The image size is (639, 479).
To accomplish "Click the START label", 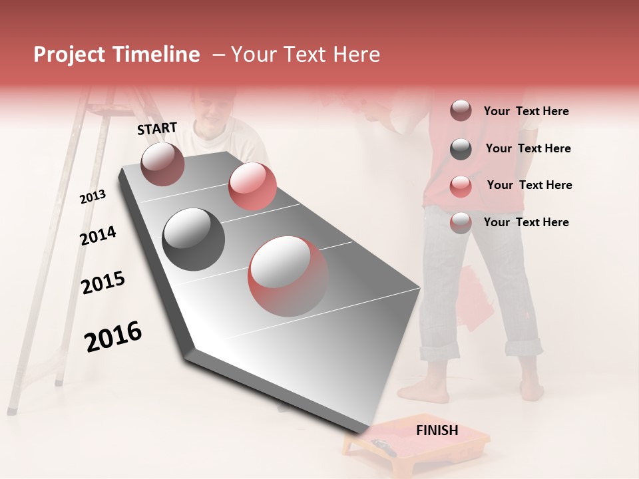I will click(x=157, y=128).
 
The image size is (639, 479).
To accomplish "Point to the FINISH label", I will click(x=437, y=430).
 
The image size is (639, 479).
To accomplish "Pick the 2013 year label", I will click(x=93, y=197).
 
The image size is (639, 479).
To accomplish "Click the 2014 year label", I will click(x=98, y=236).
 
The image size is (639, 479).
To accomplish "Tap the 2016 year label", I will click(x=113, y=337).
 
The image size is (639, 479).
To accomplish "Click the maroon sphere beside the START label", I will click(x=162, y=164).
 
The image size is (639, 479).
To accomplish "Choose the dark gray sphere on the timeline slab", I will click(x=194, y=239).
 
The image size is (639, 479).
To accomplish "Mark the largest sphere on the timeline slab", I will click(x=288, y=275).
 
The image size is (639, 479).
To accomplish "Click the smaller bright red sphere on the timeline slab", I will click(x=252, y=186).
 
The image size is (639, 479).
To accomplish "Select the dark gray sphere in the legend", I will click(x=461, y=149).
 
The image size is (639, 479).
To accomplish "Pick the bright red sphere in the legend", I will click(x=461, y=186).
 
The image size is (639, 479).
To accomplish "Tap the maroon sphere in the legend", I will click(x=461, y=111).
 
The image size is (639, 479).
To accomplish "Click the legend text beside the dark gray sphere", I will click(x=528, y=148).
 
